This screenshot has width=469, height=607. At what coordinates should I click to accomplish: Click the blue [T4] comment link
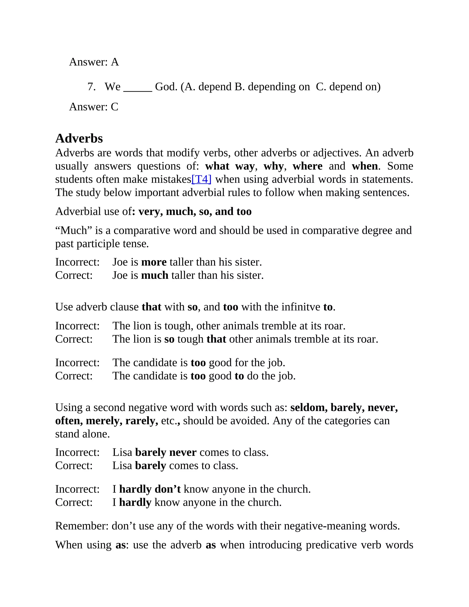(x=201, y=179)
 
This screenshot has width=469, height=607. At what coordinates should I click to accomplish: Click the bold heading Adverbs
(x=79, y=138)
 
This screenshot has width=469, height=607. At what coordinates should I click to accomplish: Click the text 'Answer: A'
(x=94, y=62)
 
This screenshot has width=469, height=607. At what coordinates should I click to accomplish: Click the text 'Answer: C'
(x=94, y=107)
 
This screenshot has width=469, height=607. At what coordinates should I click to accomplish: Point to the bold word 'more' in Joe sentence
(x=154, y=262)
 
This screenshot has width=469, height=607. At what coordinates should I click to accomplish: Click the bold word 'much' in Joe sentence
(x=155, y=275)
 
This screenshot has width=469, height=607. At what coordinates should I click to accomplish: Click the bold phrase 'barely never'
(x=166, y=452)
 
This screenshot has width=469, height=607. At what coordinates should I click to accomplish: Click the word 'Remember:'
(x=82, y=526)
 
